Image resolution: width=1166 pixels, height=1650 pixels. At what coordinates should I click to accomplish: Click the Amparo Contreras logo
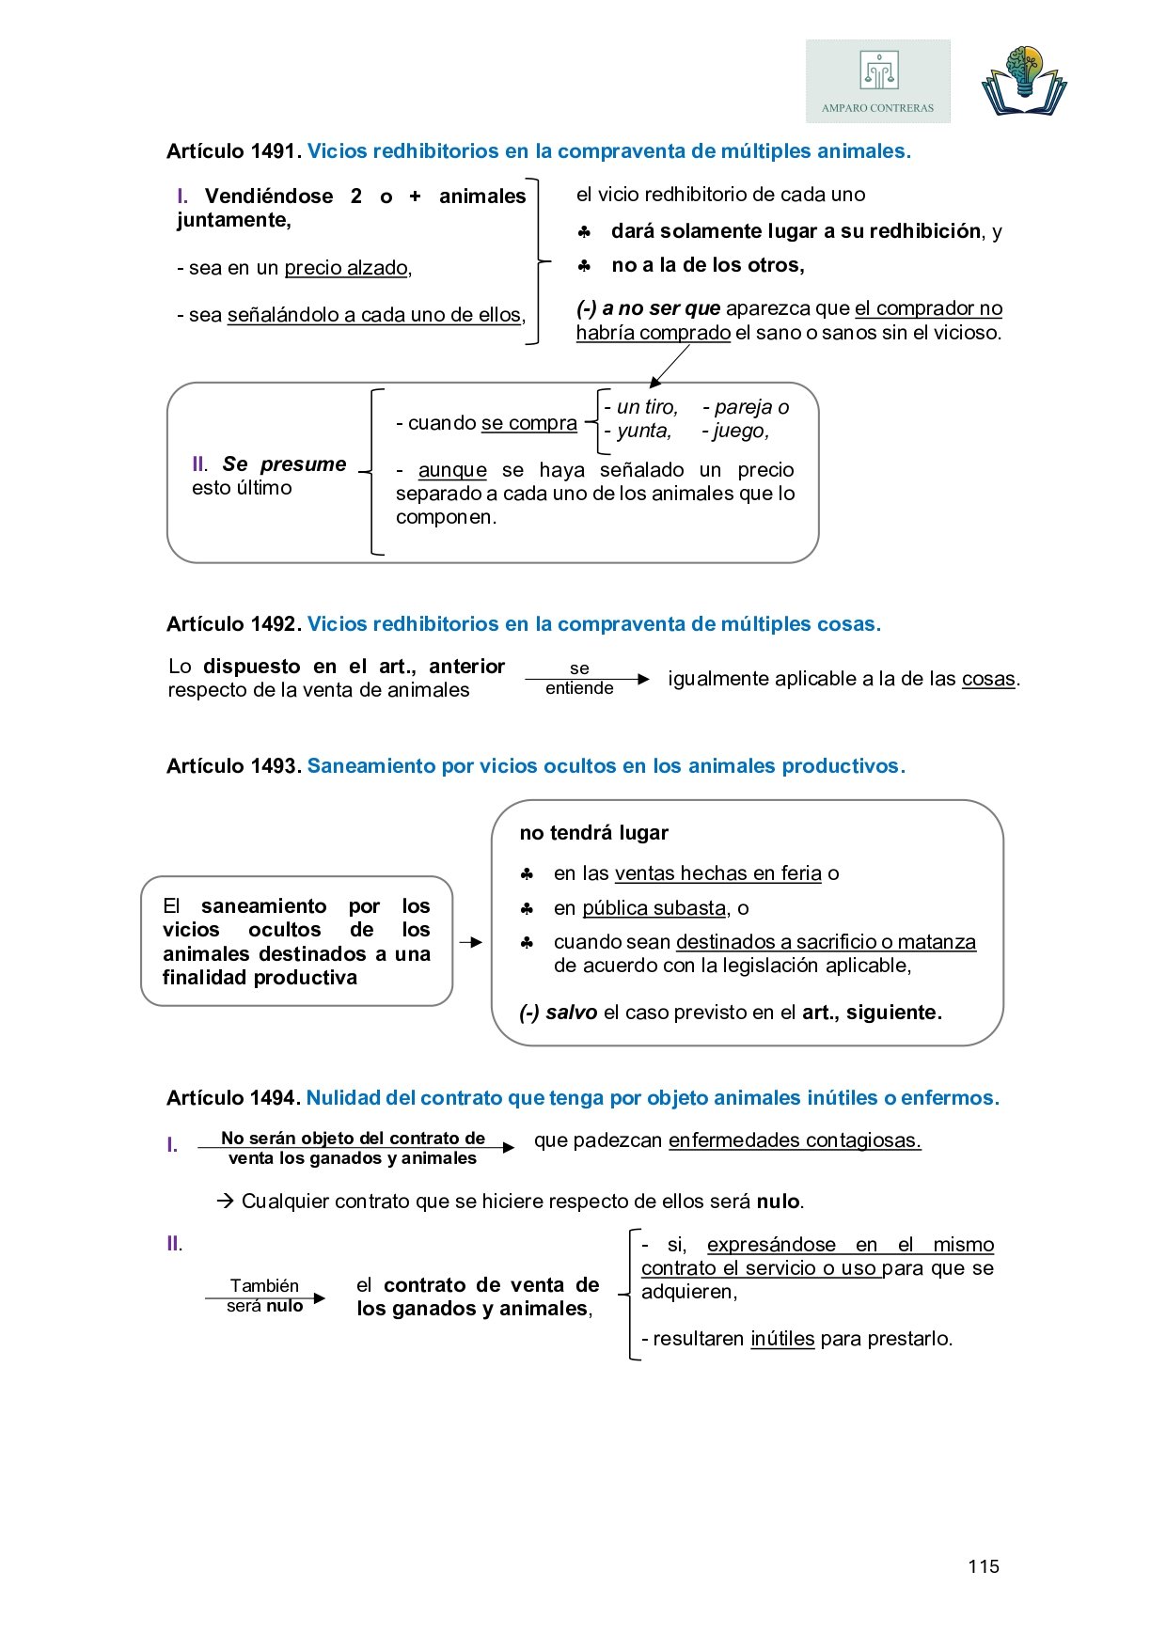click(877, 81)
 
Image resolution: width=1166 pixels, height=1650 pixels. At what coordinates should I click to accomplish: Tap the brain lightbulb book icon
click(1024, 82)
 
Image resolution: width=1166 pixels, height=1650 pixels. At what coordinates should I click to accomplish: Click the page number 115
click(984, 1566)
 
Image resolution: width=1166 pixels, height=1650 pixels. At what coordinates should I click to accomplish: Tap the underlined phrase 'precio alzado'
click(346, 268)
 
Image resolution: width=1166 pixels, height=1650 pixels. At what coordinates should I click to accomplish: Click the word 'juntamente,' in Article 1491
click(234, 220)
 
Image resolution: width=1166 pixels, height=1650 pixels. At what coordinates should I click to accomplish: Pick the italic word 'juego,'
click(740, 431)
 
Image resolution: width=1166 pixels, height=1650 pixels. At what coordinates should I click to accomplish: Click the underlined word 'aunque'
click(452, 470)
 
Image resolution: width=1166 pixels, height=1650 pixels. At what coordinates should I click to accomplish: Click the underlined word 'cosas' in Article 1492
click(988, 679)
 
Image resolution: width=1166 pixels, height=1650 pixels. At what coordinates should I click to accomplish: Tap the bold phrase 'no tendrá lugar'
click(594, 833)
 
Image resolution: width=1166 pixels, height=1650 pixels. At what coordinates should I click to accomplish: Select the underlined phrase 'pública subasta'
click(654, 908)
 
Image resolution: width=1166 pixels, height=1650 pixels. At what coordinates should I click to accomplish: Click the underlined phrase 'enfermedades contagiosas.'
click(795, 1140)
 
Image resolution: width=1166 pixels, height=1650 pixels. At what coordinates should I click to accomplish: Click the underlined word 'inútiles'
click(782, 1339)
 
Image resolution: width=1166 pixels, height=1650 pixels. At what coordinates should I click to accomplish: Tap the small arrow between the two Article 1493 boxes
click(471, 942)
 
